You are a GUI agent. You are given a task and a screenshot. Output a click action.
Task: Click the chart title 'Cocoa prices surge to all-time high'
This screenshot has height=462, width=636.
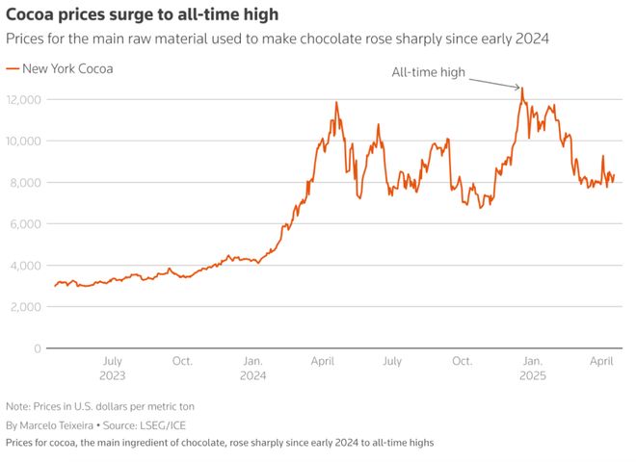tap(143, 14)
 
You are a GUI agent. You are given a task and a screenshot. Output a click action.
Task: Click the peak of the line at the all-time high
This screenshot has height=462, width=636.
tap(521, 89)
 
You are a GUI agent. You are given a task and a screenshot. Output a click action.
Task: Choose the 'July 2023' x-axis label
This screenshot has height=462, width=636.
tap(112, 369)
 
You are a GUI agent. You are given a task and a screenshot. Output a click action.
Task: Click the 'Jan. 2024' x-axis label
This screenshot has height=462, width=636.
tap(252, 369)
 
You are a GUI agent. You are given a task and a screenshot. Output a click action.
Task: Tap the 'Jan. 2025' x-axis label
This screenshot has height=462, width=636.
tap(532, 369)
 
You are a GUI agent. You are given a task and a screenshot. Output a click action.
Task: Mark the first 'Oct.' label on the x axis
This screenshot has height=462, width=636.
tap(182, 362)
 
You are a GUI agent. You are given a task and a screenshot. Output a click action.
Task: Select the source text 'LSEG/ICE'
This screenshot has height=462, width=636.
tap(153, 424)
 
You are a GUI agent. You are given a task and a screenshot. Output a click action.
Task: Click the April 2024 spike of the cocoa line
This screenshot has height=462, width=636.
tap(336, 102)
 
